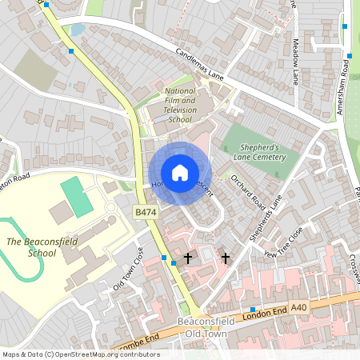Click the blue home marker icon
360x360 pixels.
pyautogui.click(x=180, y=172)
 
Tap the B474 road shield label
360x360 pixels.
pyautogui.click(x=145, y=212)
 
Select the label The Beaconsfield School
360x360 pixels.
pyautogui.click(x=30, y=246)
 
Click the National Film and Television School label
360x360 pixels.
pyautogui.click(x=179, y=106)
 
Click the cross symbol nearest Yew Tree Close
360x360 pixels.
pyautogui.click(x=225, y=258)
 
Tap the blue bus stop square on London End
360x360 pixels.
pyautogui.click(x=253, y=310)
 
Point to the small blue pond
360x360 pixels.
pyautogui.click(x=78, y=30)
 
